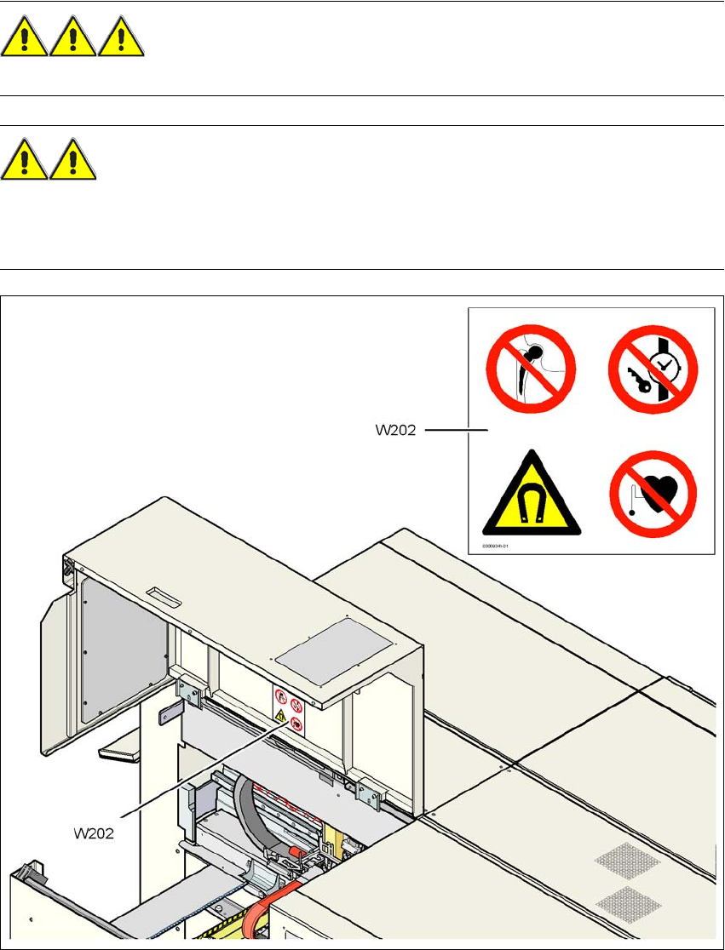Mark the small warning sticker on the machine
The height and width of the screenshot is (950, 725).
pos(289,711)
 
